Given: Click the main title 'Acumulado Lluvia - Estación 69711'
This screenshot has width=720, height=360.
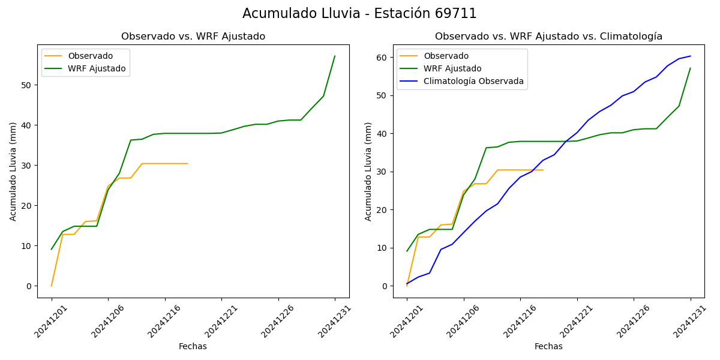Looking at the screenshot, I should [359, 14].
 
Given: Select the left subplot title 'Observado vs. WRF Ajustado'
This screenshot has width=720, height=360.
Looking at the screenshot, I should [193, 37].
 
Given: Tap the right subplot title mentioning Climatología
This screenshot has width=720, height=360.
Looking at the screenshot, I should [548, 37].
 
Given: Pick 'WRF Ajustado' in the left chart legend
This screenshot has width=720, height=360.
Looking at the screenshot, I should [97, 68].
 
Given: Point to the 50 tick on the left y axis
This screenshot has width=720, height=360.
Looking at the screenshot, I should [26, 85].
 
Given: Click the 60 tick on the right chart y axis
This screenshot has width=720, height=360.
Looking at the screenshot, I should [382, 58].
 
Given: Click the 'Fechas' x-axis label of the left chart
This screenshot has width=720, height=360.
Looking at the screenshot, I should [193, 346].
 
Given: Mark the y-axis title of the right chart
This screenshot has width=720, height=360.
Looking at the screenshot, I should [369, 172].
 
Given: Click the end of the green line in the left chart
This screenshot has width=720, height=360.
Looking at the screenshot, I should [335, 56].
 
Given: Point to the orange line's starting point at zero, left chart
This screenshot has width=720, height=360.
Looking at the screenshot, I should [52, 286].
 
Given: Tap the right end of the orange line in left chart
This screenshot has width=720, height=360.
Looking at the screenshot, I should [188, 163].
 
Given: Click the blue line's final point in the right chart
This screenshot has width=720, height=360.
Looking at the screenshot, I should [691, 56].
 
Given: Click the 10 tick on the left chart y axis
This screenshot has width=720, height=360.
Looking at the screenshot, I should [26, 246].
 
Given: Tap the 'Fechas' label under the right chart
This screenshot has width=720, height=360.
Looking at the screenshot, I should [548, 346].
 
